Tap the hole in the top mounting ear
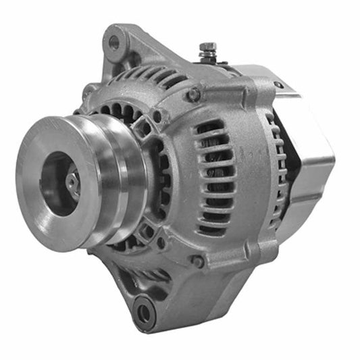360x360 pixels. coord(113,43)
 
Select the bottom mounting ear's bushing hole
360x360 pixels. coord(143,312)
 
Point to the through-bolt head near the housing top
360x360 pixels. coord(194,95)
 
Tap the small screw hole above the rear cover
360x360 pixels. coord(278,85)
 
